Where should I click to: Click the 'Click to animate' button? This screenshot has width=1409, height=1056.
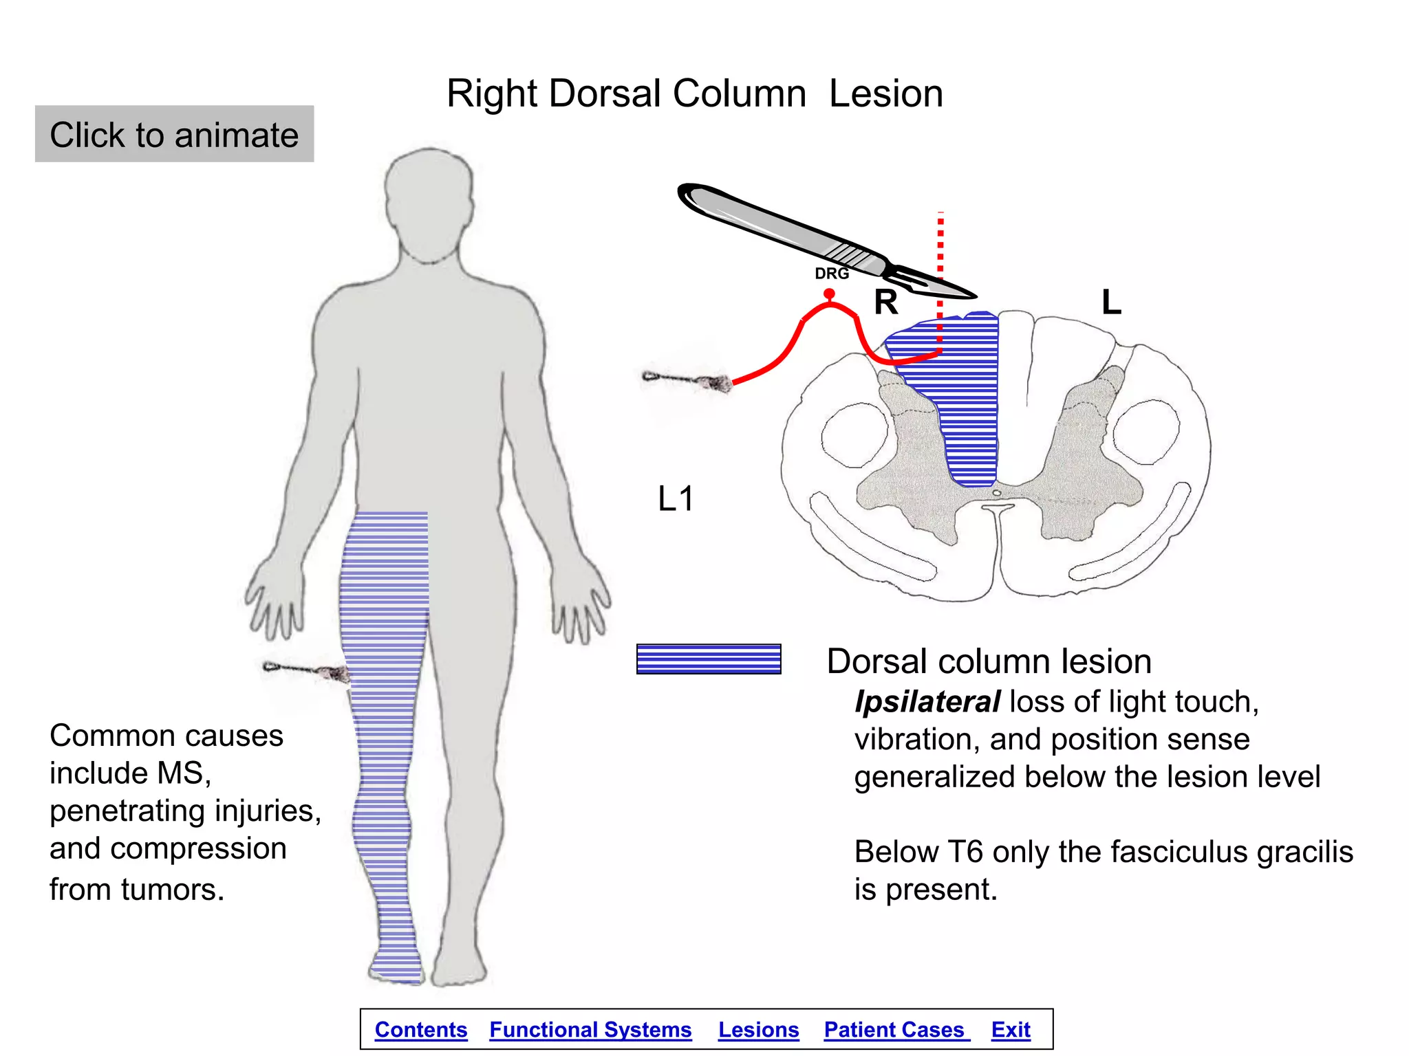[174, 134]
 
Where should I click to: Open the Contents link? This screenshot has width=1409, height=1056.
[421, 1030]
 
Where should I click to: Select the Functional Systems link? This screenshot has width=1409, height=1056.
[590, 1030]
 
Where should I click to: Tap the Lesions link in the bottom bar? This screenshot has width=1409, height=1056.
[758, 1030]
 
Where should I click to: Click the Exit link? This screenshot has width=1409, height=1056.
[1011, 1030]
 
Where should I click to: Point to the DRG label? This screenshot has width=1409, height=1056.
[832, 274]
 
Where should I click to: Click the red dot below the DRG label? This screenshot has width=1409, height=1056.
[830, 294]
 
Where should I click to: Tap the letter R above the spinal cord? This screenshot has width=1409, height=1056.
[886, 302]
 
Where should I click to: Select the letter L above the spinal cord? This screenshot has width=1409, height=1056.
[1112, 302]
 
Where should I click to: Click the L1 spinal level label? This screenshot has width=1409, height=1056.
[676, 498]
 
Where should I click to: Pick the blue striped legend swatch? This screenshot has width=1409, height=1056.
[709, 659]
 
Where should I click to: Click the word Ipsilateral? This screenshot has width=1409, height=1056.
[927, 702]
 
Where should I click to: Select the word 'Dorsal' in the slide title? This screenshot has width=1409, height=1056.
[607, 93]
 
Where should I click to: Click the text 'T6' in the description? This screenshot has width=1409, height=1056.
[965, 852]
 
